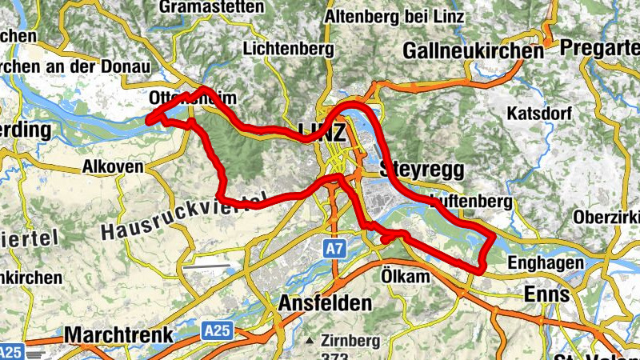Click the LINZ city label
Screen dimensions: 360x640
click(322, 131)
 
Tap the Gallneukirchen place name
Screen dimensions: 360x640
click(474, 50)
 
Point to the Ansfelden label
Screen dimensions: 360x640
click(325, 304)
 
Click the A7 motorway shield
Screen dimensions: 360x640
click(335, 250)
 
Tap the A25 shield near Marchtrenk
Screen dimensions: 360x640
click(213, 330)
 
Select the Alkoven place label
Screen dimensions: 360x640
click(113, 167)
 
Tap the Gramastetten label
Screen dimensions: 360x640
click(211, 7)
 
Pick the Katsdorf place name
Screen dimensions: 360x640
click(537, 113)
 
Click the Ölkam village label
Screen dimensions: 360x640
click(406, 276)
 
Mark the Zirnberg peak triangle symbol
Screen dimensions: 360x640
click(309, 340)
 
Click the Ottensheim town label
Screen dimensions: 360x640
click(193, 98)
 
